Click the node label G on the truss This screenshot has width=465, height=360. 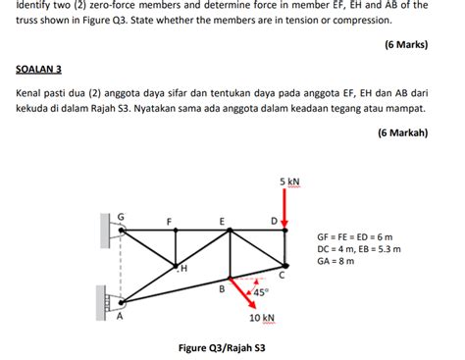tap(121, 215)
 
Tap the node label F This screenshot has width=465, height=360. tap(169, 221)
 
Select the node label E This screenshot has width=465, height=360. tap(222, 220)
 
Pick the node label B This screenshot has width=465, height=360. tap(222, 288)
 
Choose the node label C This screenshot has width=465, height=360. tap(282, 277)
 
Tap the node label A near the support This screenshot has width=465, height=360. tap(121, 316)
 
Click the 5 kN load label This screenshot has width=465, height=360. tap(288, 182)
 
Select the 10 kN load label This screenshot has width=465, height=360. tap(261, 318)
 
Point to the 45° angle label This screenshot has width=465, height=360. tap(260, 291)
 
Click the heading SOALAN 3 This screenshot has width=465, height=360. tap(39, 70)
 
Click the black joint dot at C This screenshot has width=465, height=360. tap(284, 265)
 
